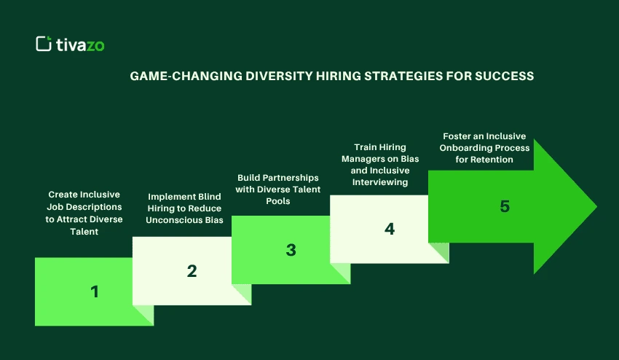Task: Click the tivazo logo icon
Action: [44, 44]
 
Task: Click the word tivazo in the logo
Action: [80, 44]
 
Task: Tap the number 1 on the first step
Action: [95, 291]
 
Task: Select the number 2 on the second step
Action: [192, 271]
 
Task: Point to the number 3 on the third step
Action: [291, 250]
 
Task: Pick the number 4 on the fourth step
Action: [390, 228]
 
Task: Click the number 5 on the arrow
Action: [505, 206]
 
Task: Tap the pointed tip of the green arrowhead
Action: [596, 206]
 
